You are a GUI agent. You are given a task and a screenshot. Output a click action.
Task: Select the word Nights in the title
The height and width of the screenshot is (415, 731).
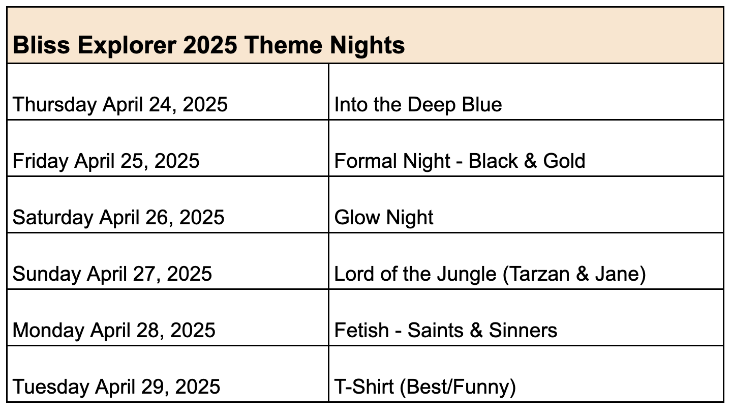tap(367, 46)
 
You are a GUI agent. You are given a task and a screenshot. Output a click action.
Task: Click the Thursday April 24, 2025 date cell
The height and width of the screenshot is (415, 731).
tap(168, 92)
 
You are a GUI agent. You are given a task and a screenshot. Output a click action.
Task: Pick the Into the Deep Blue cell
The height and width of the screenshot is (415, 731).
tap(526, 92)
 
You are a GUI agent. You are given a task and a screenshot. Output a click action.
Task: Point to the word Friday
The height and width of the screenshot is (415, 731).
tap(41, 161)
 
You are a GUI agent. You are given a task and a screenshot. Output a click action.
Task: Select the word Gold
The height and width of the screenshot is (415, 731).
tap(564, 161)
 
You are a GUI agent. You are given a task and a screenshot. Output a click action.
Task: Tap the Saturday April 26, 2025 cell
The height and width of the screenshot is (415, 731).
tap(168, 205)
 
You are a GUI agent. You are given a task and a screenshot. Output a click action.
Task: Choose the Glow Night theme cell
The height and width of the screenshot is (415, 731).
tap(526, 205)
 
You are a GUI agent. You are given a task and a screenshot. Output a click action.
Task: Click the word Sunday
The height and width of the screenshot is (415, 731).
tap(47, 274)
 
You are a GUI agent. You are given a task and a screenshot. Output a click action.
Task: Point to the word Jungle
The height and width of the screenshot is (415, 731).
tap(467, 274)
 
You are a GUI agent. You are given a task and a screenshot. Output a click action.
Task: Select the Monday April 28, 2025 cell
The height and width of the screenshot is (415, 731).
tap(168, 317)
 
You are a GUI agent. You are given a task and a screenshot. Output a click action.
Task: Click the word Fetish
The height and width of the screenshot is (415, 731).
tap(361, 330)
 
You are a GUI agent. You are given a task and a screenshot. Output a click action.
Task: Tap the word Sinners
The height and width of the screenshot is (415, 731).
tap(523, 330)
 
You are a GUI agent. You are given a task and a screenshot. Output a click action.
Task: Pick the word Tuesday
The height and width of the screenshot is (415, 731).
tap(51, 387)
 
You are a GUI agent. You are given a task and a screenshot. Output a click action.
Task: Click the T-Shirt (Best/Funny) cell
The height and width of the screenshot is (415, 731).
tap(526, 374)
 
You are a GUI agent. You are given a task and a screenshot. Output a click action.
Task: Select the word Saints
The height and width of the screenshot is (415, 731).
tap(436, 330)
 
